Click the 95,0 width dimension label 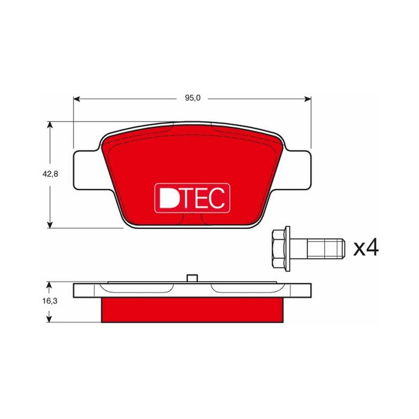(x=193, y=98)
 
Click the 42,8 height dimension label (x=50, y=174)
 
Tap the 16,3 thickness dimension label (x=50, y=301)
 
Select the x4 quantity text (x=366, y=248)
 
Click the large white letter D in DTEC (x=168, y=197)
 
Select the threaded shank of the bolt (x=325, y=248)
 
